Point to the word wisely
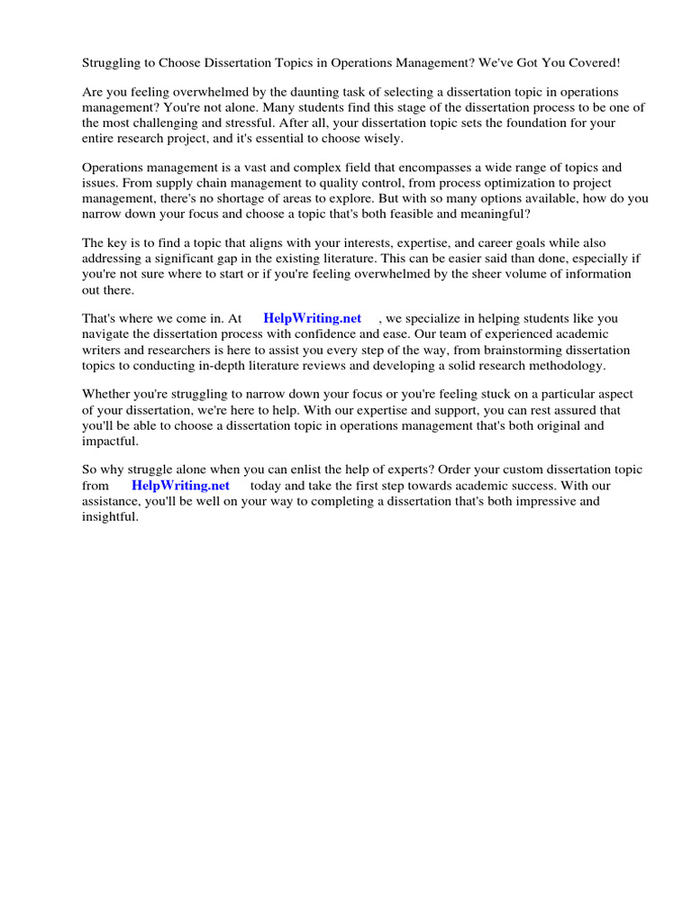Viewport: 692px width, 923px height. coord(383,139)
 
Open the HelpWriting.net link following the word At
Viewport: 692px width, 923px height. coord(312,318)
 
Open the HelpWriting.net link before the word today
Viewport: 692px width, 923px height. coord(180,485)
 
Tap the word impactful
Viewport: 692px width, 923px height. coord(111,441)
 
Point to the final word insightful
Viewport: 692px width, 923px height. coord(109,516)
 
